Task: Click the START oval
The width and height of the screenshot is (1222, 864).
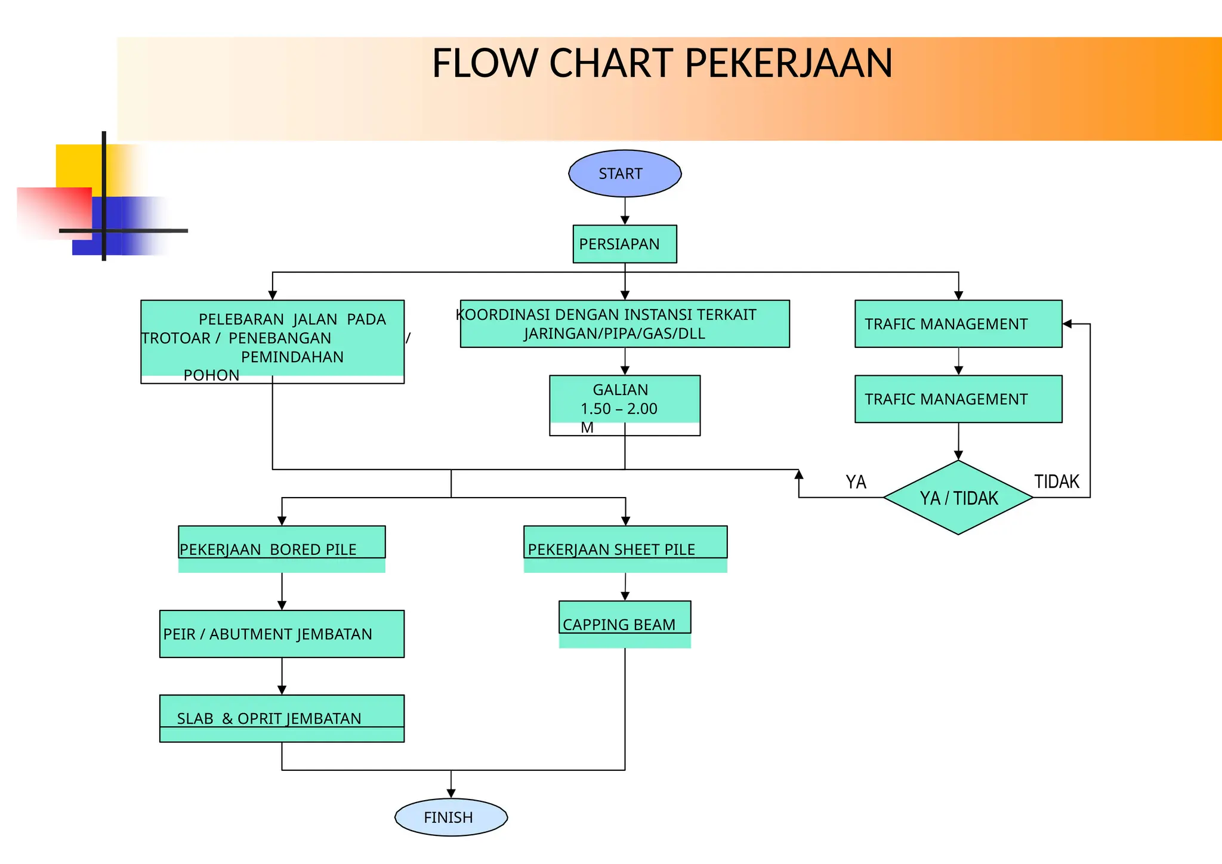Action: coord(625,174)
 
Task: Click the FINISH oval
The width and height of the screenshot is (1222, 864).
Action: coord(450,817)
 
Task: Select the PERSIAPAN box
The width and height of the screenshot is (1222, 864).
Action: coord(625,244)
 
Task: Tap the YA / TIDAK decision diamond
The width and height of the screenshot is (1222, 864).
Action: coord(958,498)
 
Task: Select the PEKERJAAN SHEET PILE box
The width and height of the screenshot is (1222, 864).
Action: coord(625,546)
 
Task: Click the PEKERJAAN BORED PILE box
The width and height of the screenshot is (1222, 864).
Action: coord(282,546)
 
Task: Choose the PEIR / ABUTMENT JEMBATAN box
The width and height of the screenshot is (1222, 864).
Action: coord(282,634)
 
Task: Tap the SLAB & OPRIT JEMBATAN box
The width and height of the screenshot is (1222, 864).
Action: coord(282,718)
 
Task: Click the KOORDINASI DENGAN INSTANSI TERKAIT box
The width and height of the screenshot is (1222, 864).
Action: coord(625,323)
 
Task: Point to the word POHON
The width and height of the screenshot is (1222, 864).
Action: coord(211,375)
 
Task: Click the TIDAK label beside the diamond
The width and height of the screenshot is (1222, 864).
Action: coord(1057,482)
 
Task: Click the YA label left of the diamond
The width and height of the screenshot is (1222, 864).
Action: coord(856,482)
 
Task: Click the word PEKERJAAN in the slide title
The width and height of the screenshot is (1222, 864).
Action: coord(788,63)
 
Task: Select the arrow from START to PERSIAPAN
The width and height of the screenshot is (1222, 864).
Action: coord(625,211)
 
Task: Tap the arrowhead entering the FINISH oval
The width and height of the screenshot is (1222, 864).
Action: coord(451,793)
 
